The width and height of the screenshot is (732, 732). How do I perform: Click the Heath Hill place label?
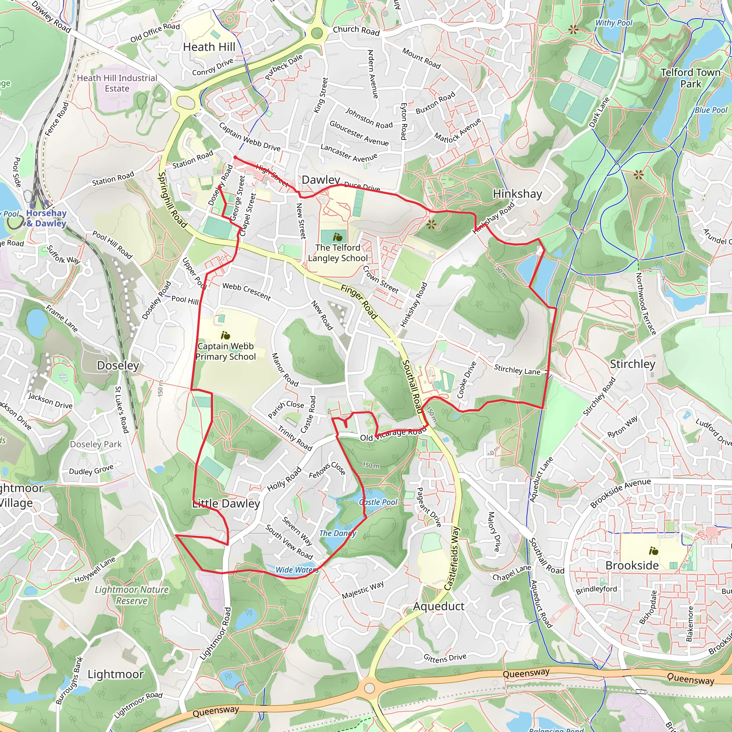(x=209, y=47)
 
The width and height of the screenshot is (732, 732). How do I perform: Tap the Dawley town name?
(x=321, y=180)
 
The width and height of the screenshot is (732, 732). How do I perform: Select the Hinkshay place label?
(x=517, y=194)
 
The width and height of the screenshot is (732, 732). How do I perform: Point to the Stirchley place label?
(x=632, y=364)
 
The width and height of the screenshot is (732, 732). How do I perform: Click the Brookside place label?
(x=632, y=565)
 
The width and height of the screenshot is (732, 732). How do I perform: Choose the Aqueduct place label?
(x=439, y=606)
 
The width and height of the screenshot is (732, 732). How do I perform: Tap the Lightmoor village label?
(x=115, y=674)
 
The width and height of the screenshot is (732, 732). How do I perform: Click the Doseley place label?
(x=118, y=365)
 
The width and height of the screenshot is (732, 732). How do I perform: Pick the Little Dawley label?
(x=226, y=504)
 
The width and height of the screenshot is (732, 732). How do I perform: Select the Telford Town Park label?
(x=690, y=78)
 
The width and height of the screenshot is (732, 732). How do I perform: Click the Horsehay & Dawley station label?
(x=46, y=218)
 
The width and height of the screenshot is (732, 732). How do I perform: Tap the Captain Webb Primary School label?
(x=226, y=351)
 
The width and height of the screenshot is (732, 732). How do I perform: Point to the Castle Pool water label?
(x=378, y=502)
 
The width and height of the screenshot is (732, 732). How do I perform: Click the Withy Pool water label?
(x=614, y=23)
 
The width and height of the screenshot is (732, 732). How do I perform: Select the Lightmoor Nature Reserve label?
(x=132, y=595)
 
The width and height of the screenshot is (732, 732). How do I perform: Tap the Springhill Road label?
(x=172, y=200)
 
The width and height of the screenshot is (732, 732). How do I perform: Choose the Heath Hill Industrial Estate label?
(x=117, y=83)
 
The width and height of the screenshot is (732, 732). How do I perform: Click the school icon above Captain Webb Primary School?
(x=226, y=335)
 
